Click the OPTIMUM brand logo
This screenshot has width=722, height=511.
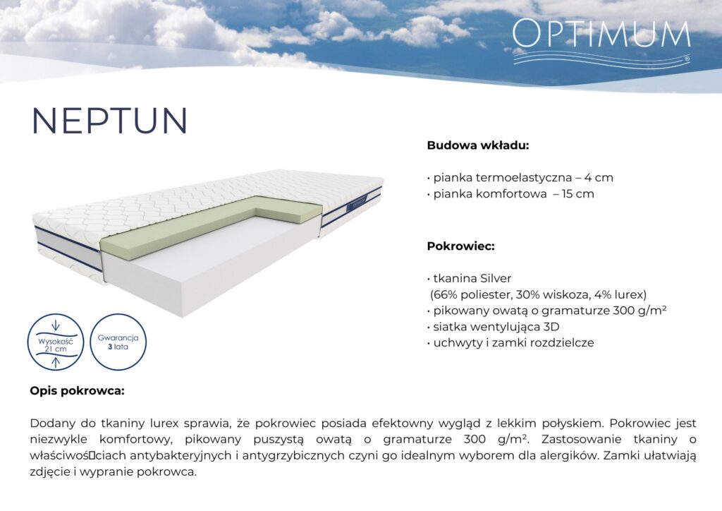pos(601,42)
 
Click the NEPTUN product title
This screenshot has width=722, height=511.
pos(110,121)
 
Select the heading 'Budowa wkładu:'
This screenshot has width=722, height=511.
pos(478,145)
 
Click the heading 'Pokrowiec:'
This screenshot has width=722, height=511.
pos(460,246)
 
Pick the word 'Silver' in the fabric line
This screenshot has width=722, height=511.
pos(496,278)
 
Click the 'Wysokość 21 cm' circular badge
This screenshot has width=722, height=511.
pos(56,342)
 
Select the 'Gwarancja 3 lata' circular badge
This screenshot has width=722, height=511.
pos(118,342)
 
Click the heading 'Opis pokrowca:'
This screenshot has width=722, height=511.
pos(77,391)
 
